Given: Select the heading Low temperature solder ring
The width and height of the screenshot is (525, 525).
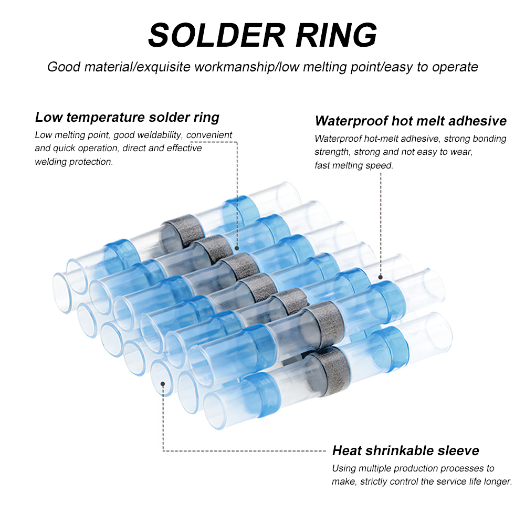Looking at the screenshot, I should pyautogui.click(x=127, y=117).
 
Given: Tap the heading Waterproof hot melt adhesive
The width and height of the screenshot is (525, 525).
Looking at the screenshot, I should pyautogui.click(x=411, y=121).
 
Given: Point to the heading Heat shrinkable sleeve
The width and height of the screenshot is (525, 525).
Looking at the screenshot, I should pyautogui.click(x=405, y=450).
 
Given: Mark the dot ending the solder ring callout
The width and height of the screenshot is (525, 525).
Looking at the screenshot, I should pyautogui.click(x=237, y=247).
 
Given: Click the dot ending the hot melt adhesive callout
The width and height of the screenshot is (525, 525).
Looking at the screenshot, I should pyautogui.click(x=381, y=276).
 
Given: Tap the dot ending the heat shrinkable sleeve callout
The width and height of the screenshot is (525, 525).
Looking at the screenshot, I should pyautogui.click(x=163, y=384).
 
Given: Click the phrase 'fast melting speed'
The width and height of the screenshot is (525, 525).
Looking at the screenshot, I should pyautogui.click(x=354, y=165).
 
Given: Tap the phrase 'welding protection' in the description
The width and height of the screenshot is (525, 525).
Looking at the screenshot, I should pyautogui.click(x=73, y=162).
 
